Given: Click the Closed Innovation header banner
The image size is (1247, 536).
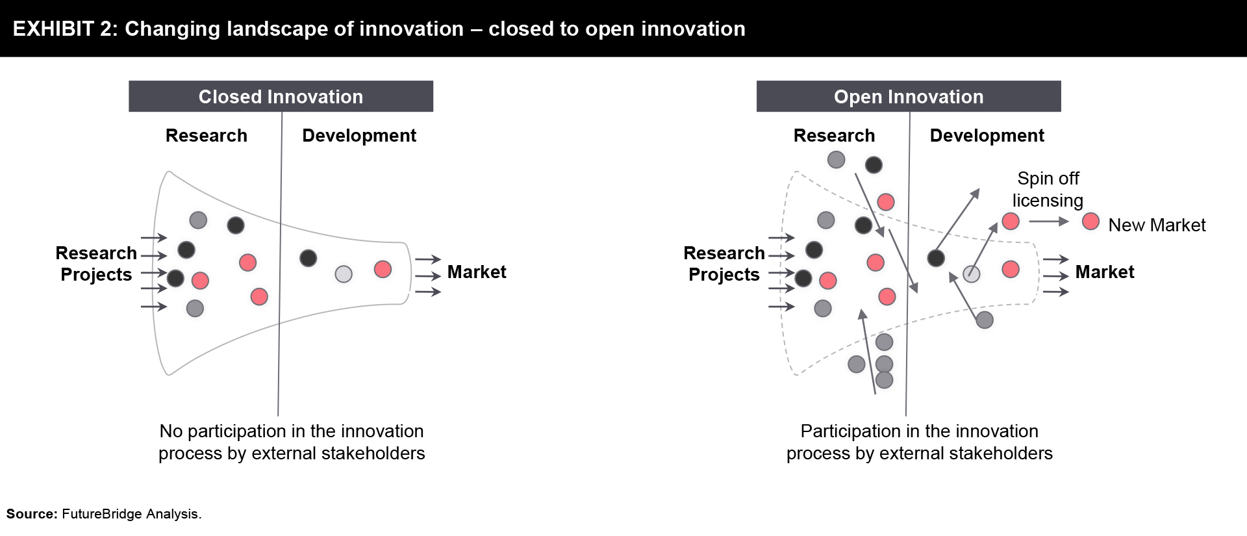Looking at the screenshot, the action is [x=281, y=96].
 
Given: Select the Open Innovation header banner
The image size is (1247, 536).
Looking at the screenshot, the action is [x=909, y=96].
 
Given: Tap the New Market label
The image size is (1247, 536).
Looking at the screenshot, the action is [x=1157, y=225].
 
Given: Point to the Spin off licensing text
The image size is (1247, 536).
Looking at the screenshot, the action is [x=1048, y=189].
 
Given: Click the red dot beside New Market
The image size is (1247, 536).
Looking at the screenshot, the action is [x=1090, y=222].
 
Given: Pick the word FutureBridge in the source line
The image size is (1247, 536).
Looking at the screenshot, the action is [x=102, y=514].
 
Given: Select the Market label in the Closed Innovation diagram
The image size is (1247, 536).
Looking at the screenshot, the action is [x=477, y=272].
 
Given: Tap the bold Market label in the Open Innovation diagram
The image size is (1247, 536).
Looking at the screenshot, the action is [x=1105, y=272].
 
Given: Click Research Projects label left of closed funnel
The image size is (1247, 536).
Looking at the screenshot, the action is [x=96, y=264].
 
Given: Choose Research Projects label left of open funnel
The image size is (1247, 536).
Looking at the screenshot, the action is [x=724, y=264].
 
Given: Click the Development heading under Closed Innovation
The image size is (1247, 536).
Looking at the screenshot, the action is [x=359, y=135].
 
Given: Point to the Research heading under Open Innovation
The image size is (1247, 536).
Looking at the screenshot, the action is [x=835, y=135].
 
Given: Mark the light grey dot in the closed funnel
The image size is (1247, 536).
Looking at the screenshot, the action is [x=344, y=274].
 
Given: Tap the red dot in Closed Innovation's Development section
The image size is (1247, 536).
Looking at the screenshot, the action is [x=383, y=269].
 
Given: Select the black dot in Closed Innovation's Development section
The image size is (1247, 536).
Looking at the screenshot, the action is [x=309, y=258].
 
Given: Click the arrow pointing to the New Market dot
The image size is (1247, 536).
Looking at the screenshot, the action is [x=1049, y=222].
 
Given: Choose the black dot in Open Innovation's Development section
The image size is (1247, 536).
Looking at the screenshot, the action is [x=936, y=258].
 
